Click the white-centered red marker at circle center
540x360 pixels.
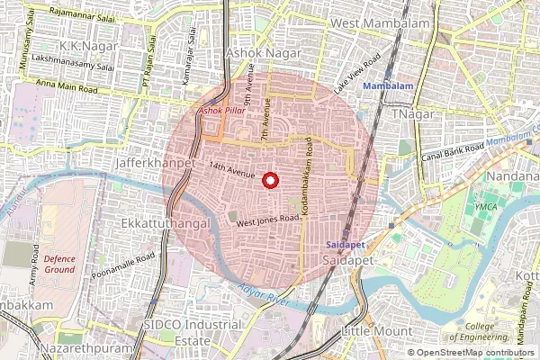269,180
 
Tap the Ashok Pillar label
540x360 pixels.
220,110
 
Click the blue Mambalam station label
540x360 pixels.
388,85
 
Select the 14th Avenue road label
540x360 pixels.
231,168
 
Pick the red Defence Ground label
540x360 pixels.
58,264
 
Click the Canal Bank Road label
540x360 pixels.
453,151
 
